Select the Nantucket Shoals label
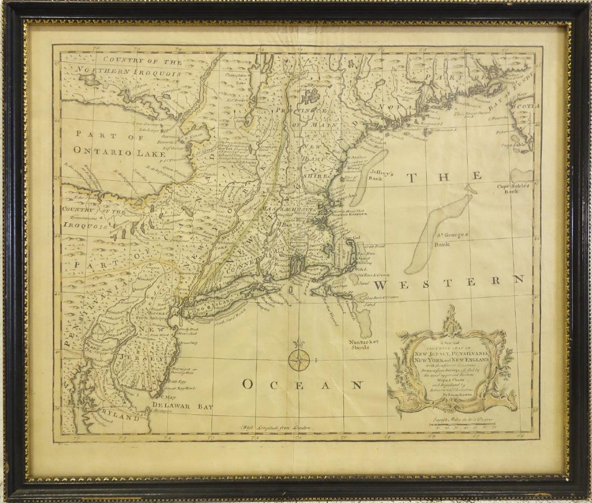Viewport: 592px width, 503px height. point(362,344)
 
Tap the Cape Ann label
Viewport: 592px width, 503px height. point(347,196)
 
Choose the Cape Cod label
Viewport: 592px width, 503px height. point(351,237)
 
